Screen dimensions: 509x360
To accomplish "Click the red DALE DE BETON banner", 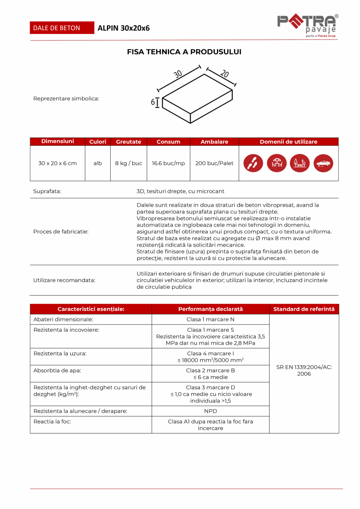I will pos(62,28).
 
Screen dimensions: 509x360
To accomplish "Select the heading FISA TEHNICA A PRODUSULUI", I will pos(184,52).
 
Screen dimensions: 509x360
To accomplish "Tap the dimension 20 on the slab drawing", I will pos(224,73).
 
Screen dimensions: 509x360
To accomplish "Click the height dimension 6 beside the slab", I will pos(153,102).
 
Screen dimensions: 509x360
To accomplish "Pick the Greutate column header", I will pos(128,142).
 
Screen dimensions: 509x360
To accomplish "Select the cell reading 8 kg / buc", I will pos(128,163).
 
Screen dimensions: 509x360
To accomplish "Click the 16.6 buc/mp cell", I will pos(168,163).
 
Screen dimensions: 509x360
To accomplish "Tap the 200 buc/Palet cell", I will pos(214,163).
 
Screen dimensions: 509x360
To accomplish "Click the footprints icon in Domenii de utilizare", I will pos(253,163).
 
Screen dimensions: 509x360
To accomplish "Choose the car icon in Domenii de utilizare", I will pos(323,163).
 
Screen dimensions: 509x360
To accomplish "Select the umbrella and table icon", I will pos(277,163).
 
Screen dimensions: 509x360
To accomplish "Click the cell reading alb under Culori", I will pos(97,163).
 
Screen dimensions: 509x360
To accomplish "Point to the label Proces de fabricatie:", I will pos(61,231).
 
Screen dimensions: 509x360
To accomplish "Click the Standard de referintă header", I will pos(304,309).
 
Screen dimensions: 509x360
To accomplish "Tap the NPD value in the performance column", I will pos(211,411).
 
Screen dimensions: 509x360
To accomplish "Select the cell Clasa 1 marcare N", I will pos(211,319).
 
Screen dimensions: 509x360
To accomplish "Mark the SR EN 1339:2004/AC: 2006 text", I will pos(304,370).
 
